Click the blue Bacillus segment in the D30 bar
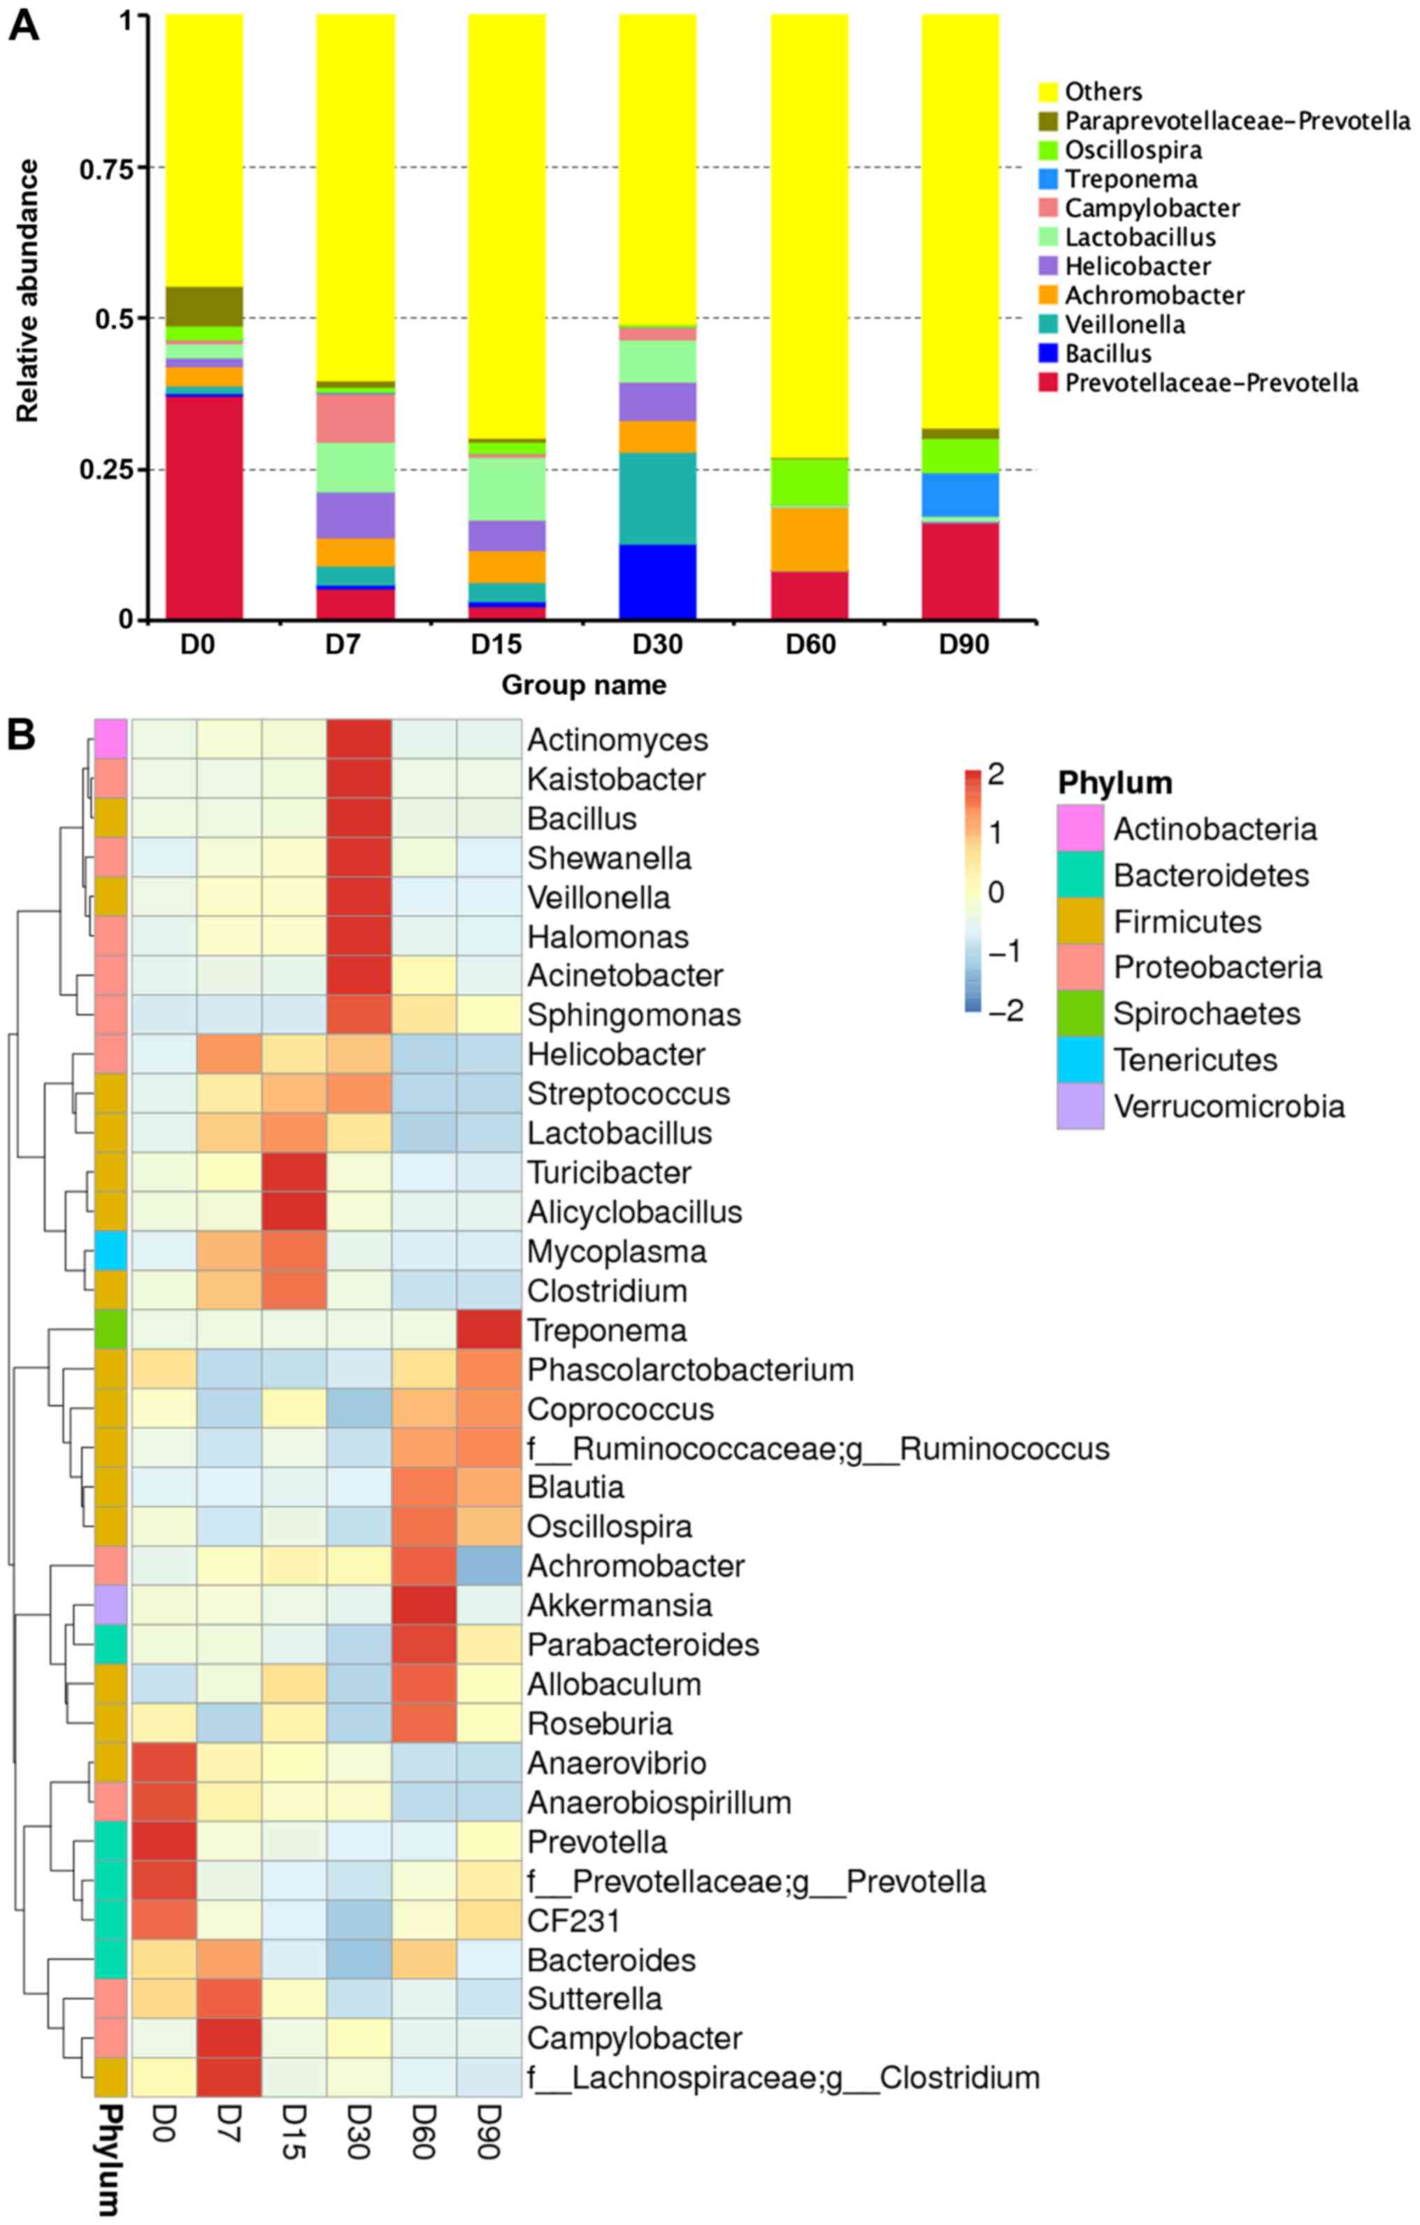click(x=657, y=581)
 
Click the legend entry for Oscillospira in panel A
click(x=1120, y=150)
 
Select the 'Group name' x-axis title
click(x=583, y=685)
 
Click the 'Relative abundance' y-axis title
click(x=29, y=291)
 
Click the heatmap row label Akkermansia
click(x=619, y=1605)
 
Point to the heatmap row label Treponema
click(x=606, y=1331)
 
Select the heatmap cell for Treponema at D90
click(x=489, y=1331)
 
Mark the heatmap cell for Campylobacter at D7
click(x=229, y=2038)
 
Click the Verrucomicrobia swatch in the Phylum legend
click(x=1080, y=1106)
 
